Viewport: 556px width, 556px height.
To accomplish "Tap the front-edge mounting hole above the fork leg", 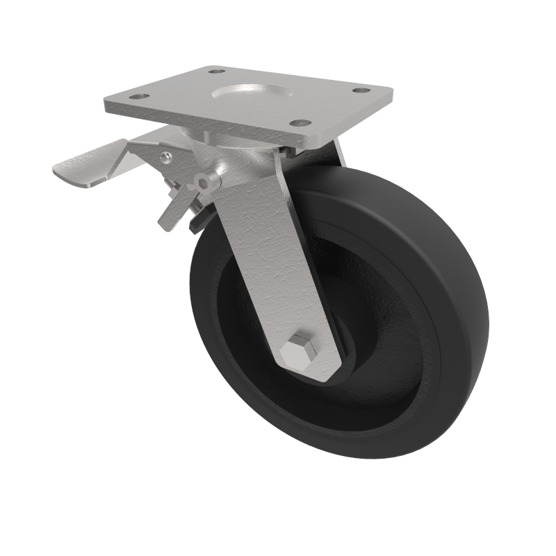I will [x=300, y=123].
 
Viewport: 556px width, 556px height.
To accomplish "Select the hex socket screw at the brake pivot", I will [x=203, y=181].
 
